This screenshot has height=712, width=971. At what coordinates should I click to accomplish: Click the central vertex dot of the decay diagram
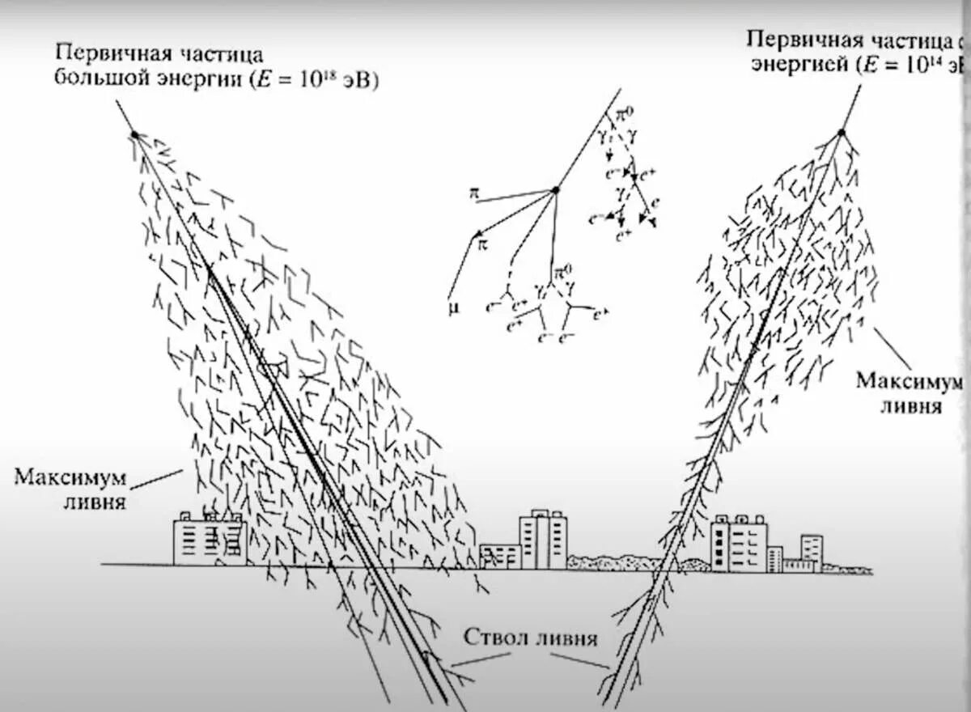[555, 191]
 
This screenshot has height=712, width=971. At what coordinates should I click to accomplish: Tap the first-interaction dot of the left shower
[134, 134]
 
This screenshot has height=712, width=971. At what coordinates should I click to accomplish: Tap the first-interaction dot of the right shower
[842, 132]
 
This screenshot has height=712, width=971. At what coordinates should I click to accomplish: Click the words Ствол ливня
[531, 638]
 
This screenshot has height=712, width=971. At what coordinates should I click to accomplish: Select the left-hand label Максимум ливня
[70, 487]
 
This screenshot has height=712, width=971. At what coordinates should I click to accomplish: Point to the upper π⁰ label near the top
[626, 117]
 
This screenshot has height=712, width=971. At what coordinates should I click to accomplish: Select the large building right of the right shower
[738, 543]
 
